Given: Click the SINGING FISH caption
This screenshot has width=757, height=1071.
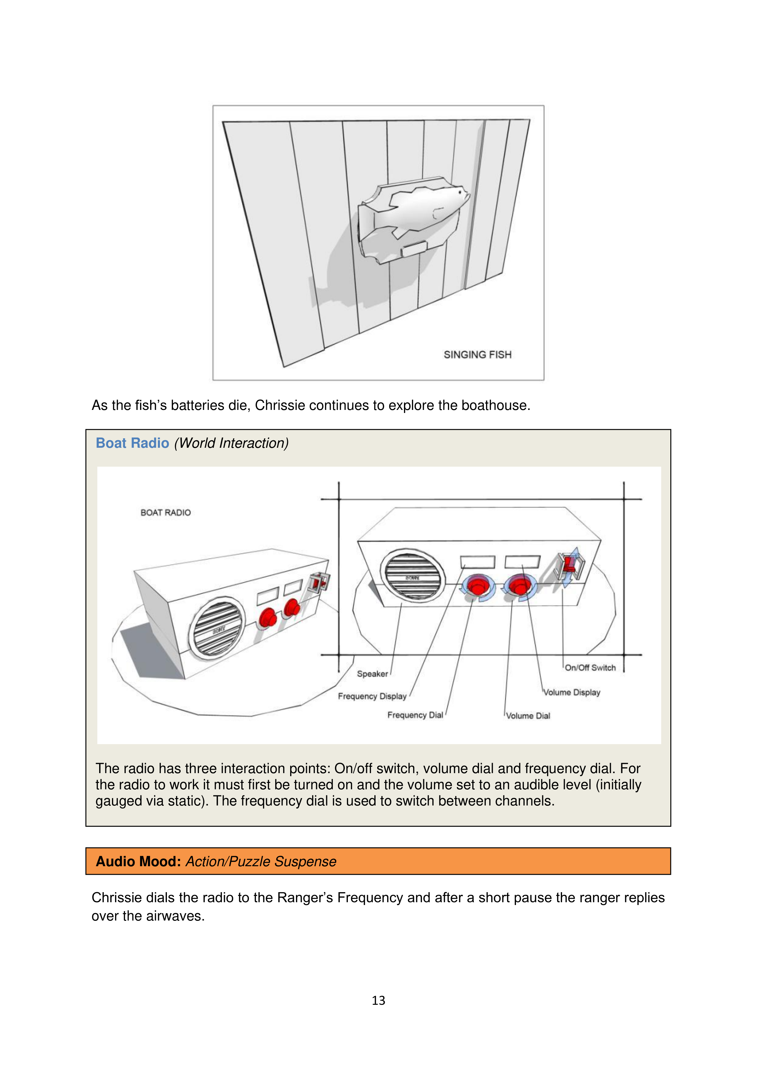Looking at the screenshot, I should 477,355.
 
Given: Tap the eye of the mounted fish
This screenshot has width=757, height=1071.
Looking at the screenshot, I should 460,192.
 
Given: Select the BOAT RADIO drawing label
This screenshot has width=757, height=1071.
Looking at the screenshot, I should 166,513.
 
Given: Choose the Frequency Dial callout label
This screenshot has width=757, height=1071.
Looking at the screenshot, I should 415,715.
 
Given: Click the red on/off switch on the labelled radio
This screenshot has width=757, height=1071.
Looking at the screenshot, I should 569,564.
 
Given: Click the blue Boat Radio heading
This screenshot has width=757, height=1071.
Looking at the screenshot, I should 132,443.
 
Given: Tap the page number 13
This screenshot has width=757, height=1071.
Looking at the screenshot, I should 378,1000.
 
